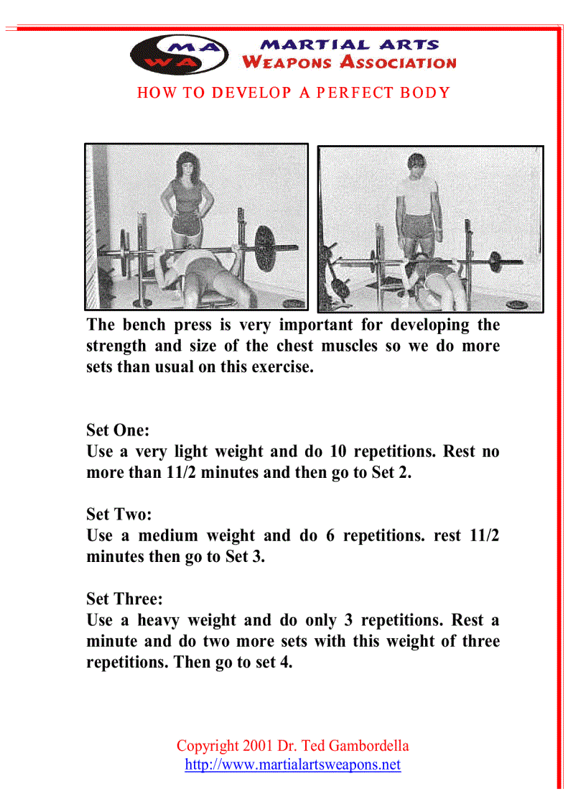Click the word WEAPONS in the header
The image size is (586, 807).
pos(287,63)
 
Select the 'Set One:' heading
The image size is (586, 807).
pos(118,430)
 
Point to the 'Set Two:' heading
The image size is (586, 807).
pos(118,515)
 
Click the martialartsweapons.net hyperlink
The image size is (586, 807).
pos(292,765)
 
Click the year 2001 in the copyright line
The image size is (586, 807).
pos(259,746)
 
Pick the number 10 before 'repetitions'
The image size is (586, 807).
pos(338,452)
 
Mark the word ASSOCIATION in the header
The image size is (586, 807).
pos(399,63)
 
